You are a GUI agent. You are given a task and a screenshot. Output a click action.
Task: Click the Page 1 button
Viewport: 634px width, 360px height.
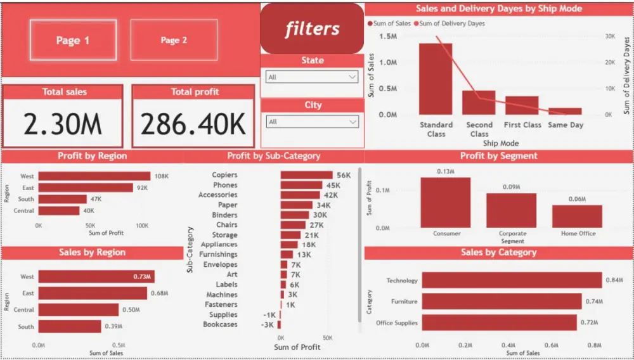point(73,41)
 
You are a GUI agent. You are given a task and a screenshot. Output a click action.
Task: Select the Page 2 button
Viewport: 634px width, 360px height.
point(174,41)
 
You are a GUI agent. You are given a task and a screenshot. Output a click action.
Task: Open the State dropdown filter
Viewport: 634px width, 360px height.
point(312,77)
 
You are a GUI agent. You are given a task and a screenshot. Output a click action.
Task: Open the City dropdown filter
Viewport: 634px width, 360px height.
point(312,122)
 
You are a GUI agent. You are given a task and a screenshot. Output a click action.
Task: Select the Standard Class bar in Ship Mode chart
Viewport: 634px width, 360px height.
point(436,79)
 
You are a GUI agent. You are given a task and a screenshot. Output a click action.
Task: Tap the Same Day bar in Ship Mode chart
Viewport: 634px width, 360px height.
point(565,111)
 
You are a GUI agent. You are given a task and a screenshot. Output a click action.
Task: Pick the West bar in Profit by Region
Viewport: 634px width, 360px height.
point(94,176)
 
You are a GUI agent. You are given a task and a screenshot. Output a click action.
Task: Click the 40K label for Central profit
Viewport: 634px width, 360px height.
point(89,210)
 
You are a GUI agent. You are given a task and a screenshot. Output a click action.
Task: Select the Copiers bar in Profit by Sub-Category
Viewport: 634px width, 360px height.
point(306,175)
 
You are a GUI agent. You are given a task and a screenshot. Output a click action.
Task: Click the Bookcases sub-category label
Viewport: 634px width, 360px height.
point(220,325)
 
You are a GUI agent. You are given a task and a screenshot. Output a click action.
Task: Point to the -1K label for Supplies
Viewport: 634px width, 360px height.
point(269,315)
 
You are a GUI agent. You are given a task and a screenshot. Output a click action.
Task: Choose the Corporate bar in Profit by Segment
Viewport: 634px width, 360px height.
point(512,210)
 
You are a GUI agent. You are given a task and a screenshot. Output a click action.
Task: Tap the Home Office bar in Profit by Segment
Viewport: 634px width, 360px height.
point(577,216)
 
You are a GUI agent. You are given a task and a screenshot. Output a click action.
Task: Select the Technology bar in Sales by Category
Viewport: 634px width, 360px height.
point(512,280)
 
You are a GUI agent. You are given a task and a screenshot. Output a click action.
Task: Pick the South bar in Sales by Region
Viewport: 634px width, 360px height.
point(70,326)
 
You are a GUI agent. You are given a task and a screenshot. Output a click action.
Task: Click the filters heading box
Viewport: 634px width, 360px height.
point(312,29)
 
